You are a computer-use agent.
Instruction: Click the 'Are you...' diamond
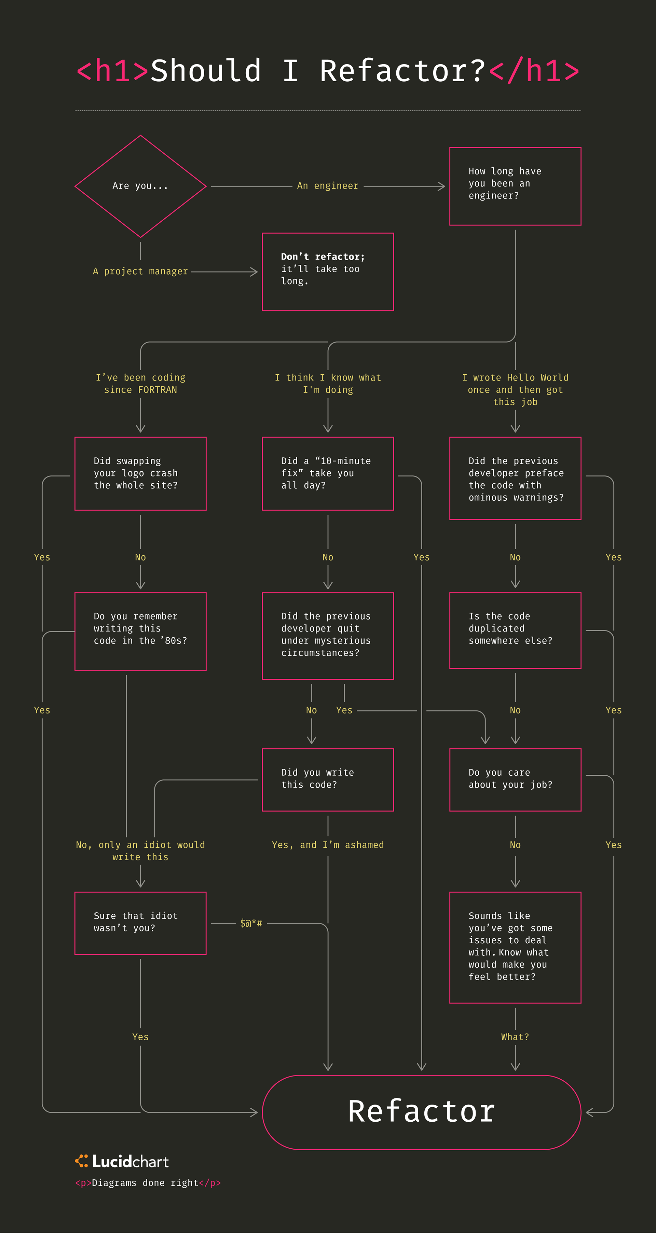coord(140,186)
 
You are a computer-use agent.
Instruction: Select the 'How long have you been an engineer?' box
coord(515,186)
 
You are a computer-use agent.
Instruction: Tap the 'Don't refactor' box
coord(328,272)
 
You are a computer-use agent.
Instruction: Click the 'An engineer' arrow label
coord(328,186)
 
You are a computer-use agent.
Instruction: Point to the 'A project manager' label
coord(140,272)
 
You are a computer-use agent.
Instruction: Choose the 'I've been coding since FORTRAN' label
coord(140,384)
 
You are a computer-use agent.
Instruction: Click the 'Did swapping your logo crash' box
coord(140,473)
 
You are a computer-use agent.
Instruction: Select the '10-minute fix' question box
coord(328,473)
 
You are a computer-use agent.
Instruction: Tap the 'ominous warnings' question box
coord(515,478)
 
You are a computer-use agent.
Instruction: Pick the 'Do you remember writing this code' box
coord(140,631)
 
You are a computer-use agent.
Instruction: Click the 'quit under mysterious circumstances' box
coord(328,636)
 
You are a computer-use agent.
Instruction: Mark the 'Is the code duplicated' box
coord(515,631)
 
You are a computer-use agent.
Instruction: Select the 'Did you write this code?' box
coord(328,780)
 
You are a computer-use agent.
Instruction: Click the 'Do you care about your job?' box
coord(515,780)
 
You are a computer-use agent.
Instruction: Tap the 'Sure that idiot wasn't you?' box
coord(140,923)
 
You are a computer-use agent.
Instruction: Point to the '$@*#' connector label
coord(251,923)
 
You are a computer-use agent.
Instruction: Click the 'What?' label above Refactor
coord(515,1037)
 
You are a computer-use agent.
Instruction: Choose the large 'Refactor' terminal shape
coord(421,1112)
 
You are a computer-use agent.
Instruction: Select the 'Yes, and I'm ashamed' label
coord(328,845)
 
